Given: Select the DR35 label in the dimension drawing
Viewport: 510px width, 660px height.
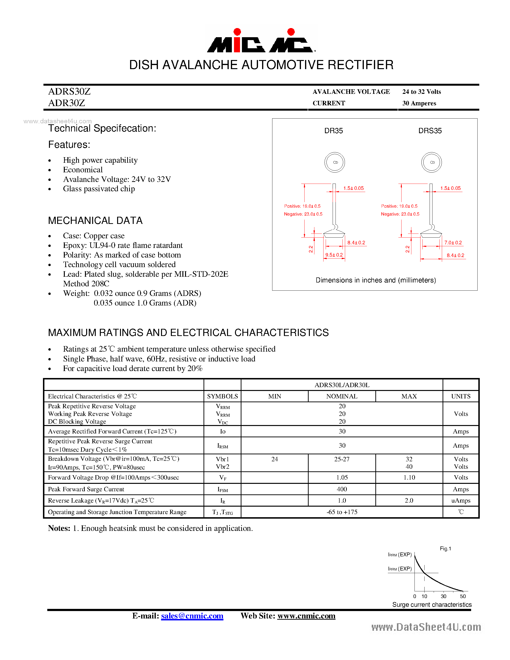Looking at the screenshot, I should pos(333,131).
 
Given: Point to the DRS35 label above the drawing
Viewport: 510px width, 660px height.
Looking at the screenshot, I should pos(430,131).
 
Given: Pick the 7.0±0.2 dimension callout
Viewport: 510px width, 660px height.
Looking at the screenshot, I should pos(453,243).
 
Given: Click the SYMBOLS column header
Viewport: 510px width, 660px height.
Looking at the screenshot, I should pos(222,396).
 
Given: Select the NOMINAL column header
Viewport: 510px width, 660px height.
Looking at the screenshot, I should pos(342,396).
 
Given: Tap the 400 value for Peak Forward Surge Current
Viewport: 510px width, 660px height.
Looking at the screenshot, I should pos(342,489).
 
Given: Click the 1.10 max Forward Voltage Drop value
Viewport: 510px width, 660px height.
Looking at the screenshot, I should pos(409,477).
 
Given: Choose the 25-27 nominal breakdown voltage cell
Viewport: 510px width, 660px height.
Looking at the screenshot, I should pos(342,459).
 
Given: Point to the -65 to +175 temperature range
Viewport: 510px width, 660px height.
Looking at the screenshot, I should pos(342,512).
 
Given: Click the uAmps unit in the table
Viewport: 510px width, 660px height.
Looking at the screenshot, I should pos(461,500).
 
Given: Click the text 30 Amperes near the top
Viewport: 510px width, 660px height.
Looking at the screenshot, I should pos(419,103).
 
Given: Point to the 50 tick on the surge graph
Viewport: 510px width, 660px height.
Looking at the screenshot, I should pos(462,596).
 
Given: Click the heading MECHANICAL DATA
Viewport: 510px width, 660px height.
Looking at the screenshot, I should pos(95,221).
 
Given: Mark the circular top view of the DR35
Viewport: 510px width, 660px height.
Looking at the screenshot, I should pos(335,162).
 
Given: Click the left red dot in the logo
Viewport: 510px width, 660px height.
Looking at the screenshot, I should pos(237,32).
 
